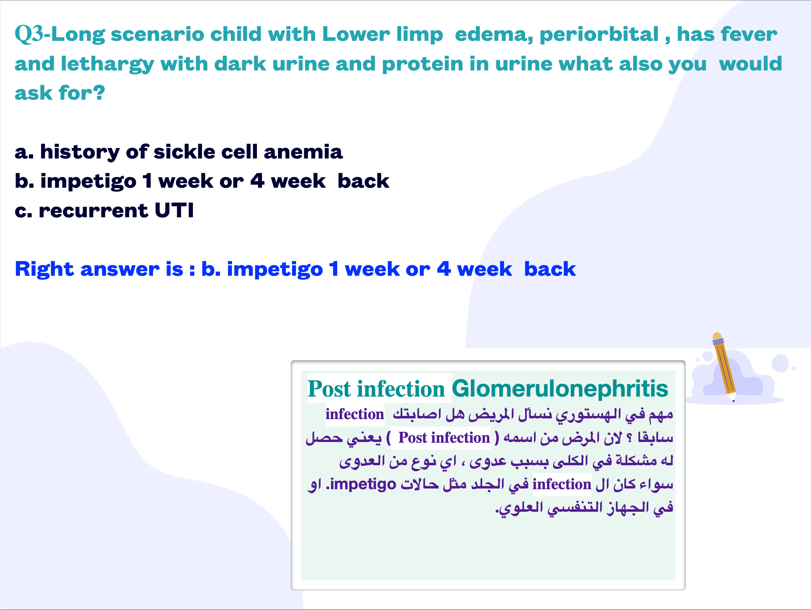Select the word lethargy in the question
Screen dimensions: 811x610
click(107, 64)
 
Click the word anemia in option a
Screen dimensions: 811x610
click(303, 152)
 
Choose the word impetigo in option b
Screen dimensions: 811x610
click(88, 182)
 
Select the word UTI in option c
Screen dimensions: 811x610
click(174, 210)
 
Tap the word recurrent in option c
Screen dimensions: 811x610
click(93, 211)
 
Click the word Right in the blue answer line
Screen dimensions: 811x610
click(44, 269)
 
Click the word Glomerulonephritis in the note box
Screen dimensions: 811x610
click(560, 388)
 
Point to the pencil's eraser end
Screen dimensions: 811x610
click(717, 336)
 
